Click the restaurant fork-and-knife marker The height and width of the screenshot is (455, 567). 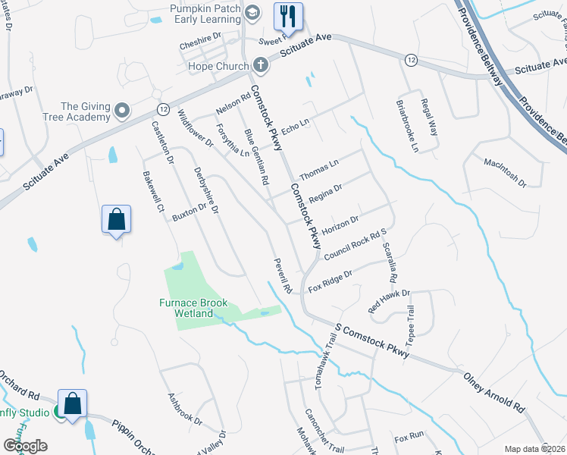coord(288,14)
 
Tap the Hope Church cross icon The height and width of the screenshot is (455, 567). coord(260,65)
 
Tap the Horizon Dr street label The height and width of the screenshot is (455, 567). coord(340,225)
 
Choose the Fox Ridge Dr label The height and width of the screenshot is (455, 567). coord(330,281)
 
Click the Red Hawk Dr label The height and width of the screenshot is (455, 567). coord(388,301)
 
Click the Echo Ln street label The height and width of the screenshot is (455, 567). coord(296,127)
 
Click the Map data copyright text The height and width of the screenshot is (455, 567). coord(534,449)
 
